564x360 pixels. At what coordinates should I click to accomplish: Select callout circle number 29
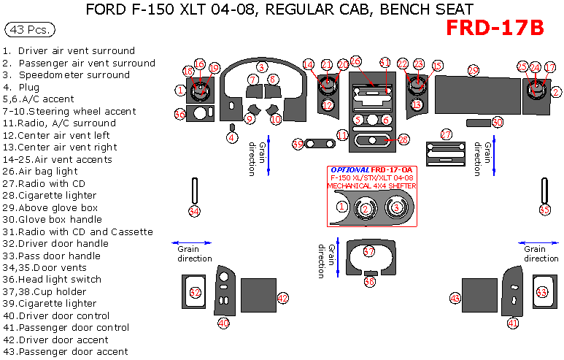pyautogui.click(x=474, y=70)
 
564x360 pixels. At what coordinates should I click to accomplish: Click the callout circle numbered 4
pyautogui.click(x=232, y=137)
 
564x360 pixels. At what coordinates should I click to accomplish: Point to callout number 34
pyautogui.click(x=194, y=211)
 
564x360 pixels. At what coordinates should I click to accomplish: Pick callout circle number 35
pyautogui.click(x=544, y=210)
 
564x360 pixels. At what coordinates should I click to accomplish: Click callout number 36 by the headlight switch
pyautogui.click(x=179, y=114)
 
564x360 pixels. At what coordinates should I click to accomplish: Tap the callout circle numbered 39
pyautogui.click(x=298, y=144)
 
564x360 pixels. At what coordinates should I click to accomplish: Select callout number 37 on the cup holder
pyautogui.click(x=369, y=251)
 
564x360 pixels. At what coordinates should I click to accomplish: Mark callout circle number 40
pyautogui.click(x=223, y=322)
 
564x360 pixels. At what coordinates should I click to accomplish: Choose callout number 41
pyautogui.click(x=513, y=322)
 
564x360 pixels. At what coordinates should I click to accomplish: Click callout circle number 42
pyautogui.click(x=283, y=298)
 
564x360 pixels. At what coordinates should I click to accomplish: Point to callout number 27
pyautogui.click(x=447, y=134)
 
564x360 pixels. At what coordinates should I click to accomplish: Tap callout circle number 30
pyautogui.click(x=498, y=122)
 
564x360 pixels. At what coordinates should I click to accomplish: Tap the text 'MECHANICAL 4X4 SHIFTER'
pyautogui.click(x=372, y=186)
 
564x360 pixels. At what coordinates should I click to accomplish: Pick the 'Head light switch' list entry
pyautogui.click(x=61, y=279)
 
